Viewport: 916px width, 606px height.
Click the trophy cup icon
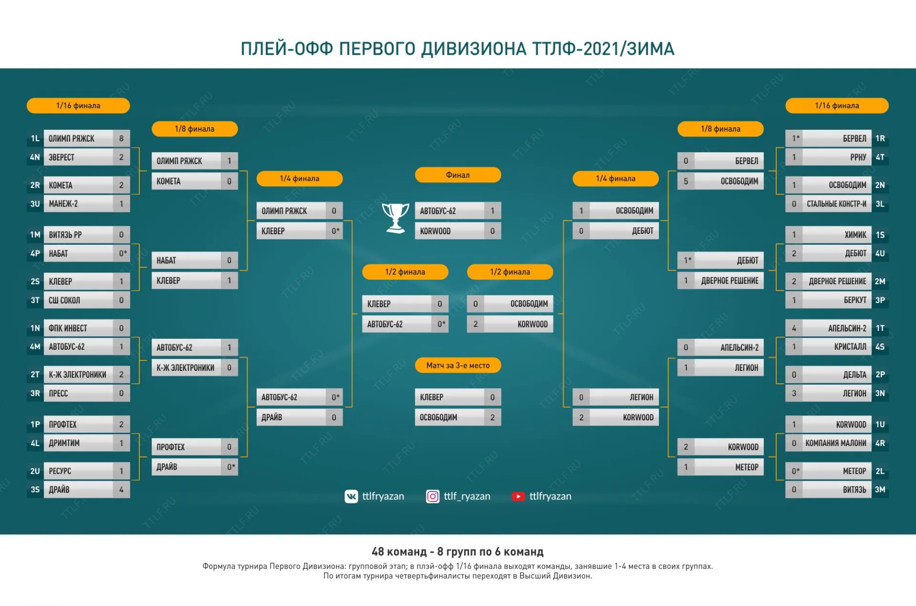pyautogui.click(x=396, y=218)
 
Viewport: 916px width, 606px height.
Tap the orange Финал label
pyautogui.click(x=458, y=175)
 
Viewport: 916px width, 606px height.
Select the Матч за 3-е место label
pyautogui.click(x=458, y=366)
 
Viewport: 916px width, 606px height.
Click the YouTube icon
pyautogui.click(x=518, y=497)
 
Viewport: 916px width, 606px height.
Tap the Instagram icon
pyautogui.click(x=433, y=497)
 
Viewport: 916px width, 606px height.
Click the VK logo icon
pyautogui.click(x=351, y=497)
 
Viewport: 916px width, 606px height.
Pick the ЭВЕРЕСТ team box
pyautogui.click(x=79, y=157)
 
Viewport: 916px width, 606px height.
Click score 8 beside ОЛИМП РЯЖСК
pyautogui.click(x=121, y=138)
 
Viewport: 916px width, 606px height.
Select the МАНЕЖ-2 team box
pyautogui.click(x=79, y=204)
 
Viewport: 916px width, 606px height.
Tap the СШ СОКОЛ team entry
pyautogui.click(x=79, y=300)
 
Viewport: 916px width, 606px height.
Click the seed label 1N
pyautogui.click(x=35, y=328)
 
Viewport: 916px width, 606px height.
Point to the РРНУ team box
pyautogui.click(x=836, y=157)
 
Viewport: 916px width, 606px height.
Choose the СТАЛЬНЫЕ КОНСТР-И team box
pyautogui.click(x=836, y=204)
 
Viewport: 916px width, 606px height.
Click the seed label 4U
pyautogui.click(x=880, y=253)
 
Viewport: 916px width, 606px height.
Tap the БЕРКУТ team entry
pyautogui.click(x=836, y=300)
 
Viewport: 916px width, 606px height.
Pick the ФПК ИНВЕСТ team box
pyautogui.click(x=79, y=328)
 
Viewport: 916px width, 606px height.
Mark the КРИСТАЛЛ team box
pyautogui.click(x=836, y=347)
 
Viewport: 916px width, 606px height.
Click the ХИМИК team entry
pyautogui.click(x=836, y=235)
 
